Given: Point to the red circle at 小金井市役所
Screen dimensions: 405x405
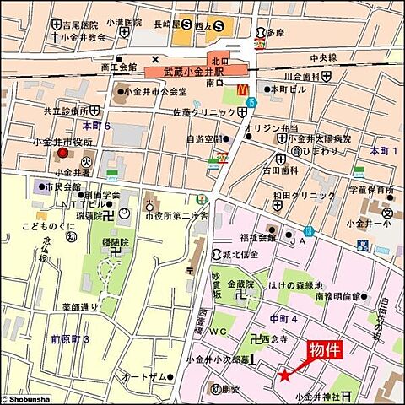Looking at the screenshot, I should (x=62, y=154).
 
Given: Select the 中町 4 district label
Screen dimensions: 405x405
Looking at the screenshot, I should (x=283, y=318).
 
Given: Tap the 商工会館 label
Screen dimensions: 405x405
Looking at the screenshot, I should (x=117, y=66).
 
